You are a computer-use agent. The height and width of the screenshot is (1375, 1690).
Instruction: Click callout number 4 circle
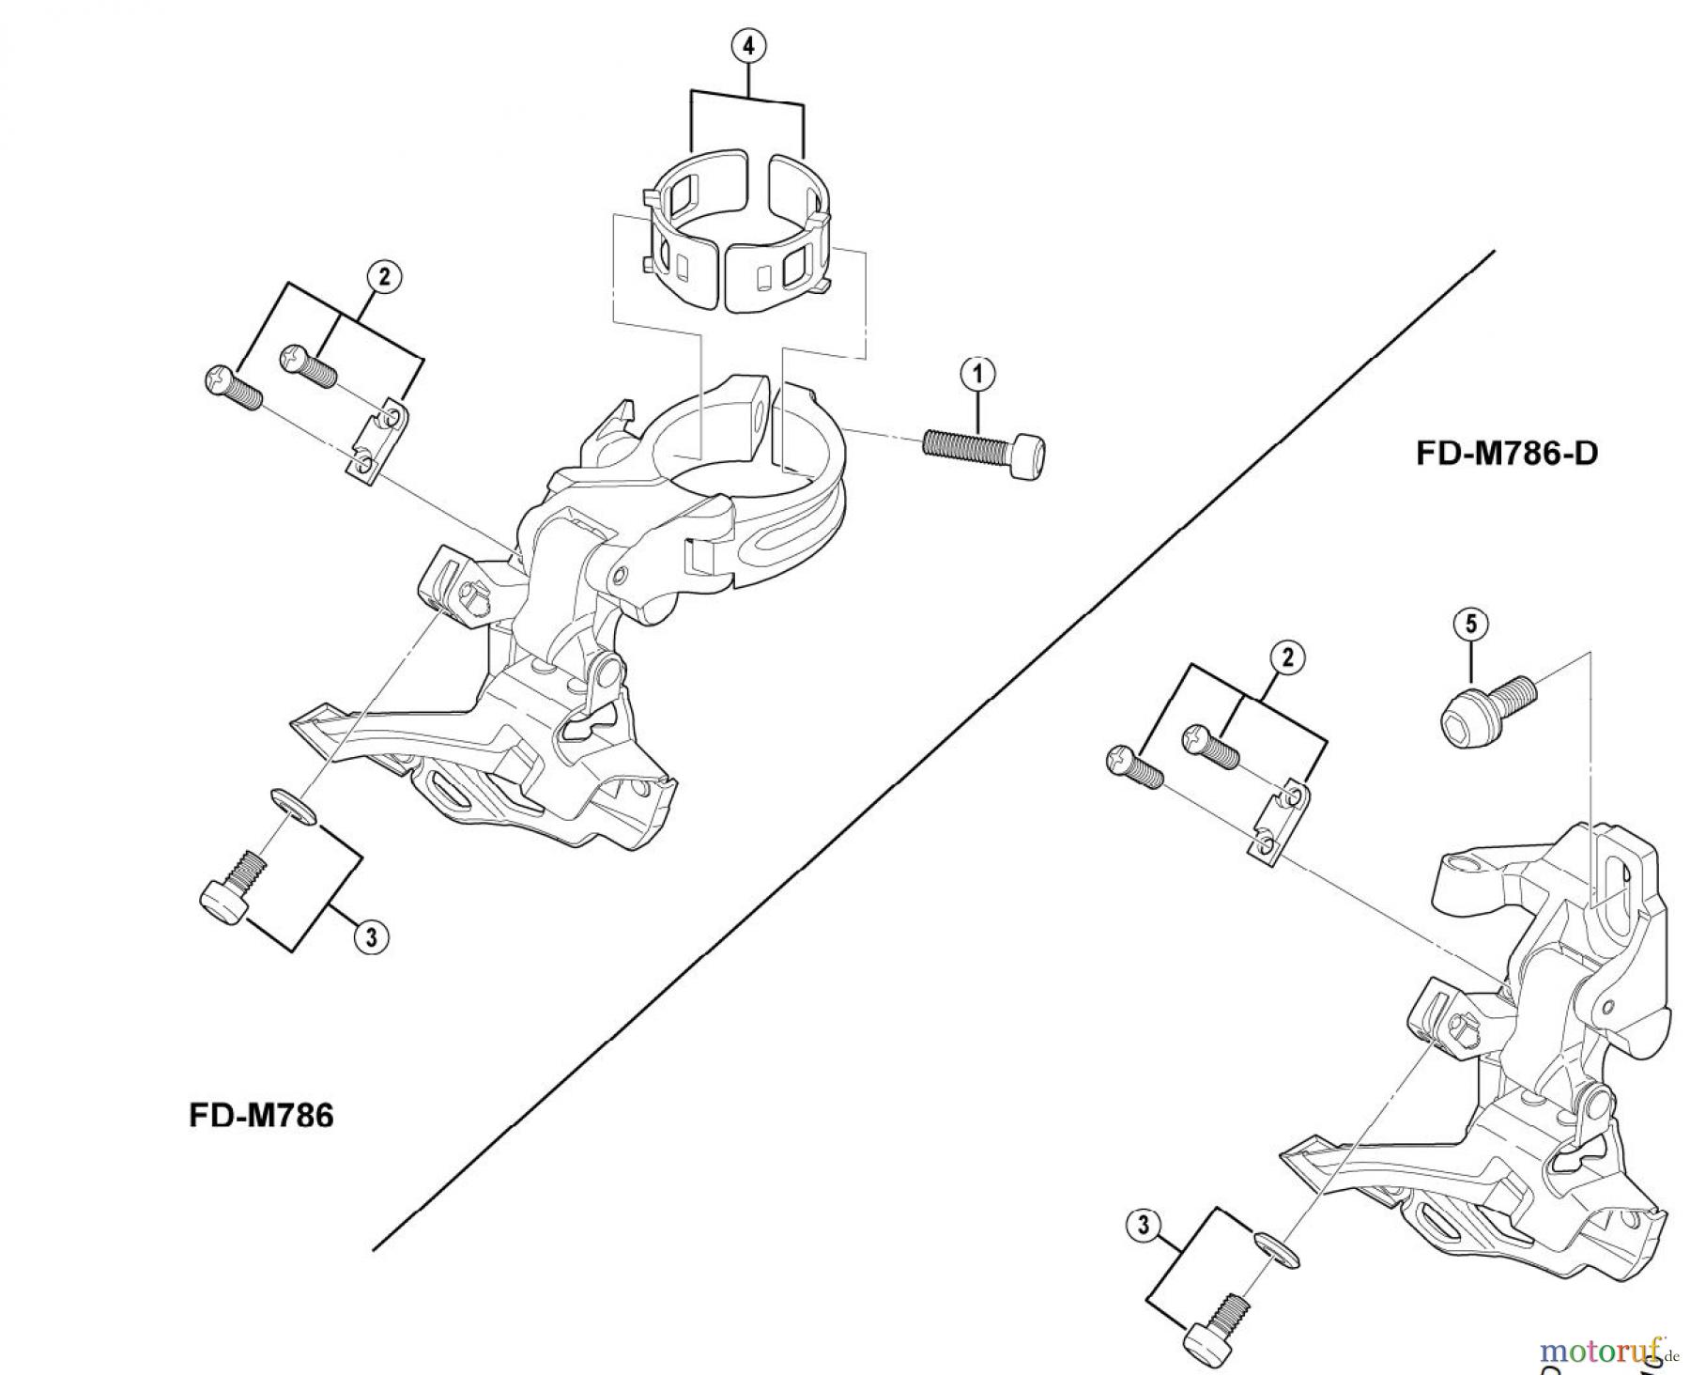tap(748, 45)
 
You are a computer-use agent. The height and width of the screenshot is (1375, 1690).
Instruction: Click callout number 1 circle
tap(977, 373)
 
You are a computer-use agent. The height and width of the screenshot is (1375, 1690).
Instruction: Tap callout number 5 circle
tap(1470, 623)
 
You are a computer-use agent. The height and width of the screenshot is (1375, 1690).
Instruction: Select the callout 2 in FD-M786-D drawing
tap(1287, 657)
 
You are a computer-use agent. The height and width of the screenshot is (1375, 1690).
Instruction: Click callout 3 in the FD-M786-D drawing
tap(1143, 1225)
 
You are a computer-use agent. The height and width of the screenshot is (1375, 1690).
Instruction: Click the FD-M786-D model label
tap(1506, 454)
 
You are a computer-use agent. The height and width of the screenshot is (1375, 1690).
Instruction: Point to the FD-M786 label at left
tap(261, 1116)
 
